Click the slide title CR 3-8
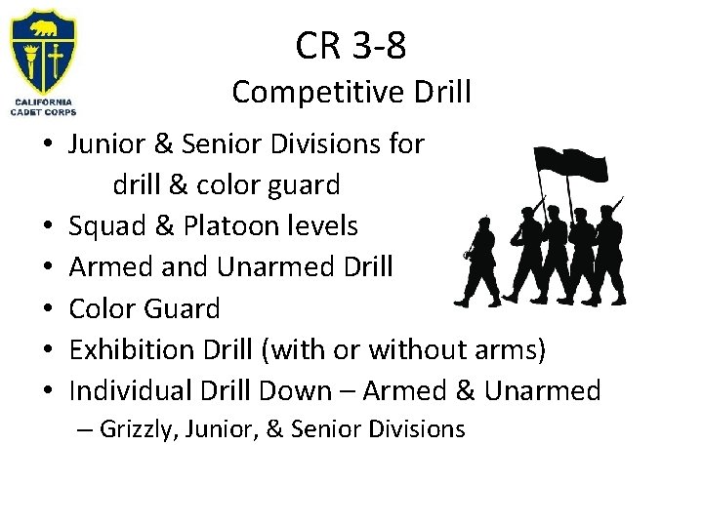(x=351, y=45)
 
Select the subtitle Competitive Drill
(x=351, y=93)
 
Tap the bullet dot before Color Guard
(x=47, y=310)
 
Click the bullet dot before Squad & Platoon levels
(x=47, y=228)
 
